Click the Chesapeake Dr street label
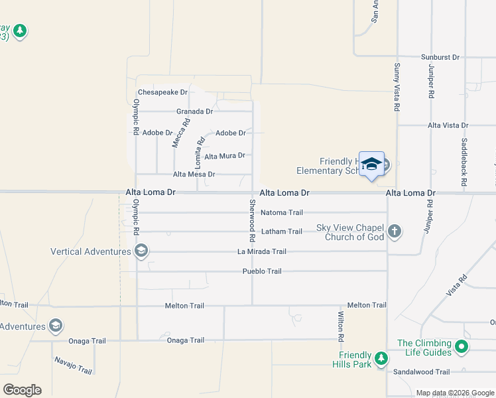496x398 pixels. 163,92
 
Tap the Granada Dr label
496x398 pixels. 194,111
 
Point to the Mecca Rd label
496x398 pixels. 180,132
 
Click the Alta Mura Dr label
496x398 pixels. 225,156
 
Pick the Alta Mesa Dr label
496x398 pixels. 194,174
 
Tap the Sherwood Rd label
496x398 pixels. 253,220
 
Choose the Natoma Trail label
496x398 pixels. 282,213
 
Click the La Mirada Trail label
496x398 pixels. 262,251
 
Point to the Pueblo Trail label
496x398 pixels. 261,271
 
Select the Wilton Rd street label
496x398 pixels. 341,326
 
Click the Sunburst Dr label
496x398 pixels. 440,57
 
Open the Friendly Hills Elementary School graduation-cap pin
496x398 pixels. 371,165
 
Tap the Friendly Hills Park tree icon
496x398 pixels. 381,359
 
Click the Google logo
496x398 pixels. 22,390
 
